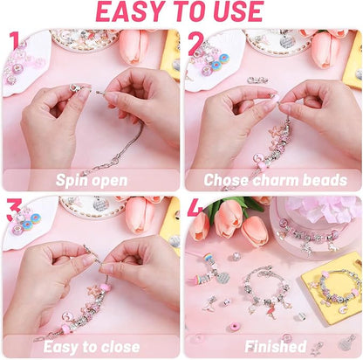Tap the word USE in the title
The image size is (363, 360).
click(235, 12)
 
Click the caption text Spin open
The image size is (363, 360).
click(91, 179)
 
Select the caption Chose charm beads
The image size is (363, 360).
click(274, 179)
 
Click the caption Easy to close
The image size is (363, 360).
click(91, 346)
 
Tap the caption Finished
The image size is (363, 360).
click(274, 346)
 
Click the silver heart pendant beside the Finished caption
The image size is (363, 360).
click(346, 342)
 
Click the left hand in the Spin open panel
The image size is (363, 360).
click(52, 114)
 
